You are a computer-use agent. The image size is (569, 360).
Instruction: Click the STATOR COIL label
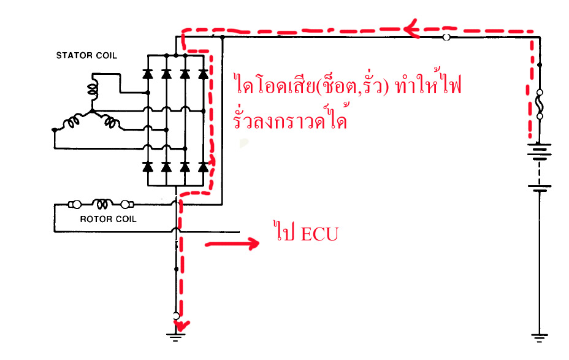(86, 56)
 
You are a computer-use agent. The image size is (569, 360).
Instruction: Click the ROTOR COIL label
(109, 219)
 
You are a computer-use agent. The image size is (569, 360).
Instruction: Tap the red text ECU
(319, 234)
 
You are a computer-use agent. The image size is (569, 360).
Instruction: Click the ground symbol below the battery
(540, 336)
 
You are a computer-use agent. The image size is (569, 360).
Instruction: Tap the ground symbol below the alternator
(176, 335)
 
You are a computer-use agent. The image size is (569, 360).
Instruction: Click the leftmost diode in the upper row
(148, 74)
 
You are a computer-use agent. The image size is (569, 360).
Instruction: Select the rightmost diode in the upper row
(203, 74)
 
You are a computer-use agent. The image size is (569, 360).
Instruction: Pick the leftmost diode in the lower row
(148, 166)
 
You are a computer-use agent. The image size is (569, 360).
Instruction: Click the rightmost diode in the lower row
(203, 166)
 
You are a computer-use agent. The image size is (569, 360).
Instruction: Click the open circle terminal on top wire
(446, 37)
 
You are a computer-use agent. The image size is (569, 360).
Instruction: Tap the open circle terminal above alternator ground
(176, 316)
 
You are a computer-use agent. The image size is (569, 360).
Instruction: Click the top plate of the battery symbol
(540, 145)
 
